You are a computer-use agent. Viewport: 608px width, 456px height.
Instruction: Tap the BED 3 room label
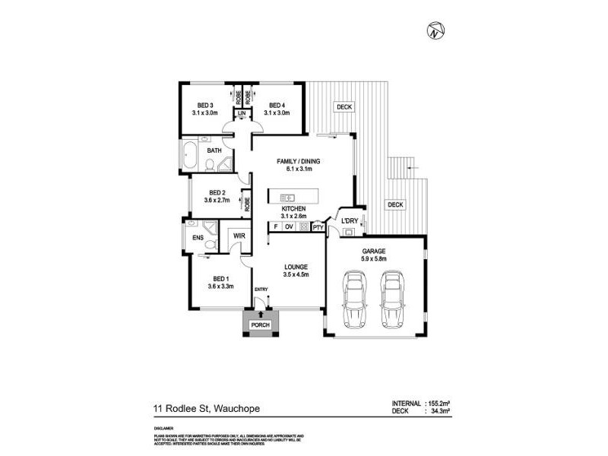point(205,105)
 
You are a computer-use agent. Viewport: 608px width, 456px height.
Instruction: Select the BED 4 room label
point(276,105)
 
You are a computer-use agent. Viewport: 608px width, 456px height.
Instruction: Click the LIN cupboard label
point(242,114)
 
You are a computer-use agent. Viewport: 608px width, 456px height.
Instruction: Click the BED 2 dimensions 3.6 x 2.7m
point(218,201)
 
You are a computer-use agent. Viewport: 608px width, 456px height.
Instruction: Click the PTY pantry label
point(318,226)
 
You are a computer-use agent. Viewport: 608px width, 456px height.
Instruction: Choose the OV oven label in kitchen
point(290,226)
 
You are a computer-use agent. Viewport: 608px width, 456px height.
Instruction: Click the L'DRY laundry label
point(349,221)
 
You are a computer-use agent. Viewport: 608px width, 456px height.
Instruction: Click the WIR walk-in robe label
point(238,236)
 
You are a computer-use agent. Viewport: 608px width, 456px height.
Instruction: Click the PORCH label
point(260,325)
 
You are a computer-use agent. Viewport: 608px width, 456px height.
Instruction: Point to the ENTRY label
point(261,290)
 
